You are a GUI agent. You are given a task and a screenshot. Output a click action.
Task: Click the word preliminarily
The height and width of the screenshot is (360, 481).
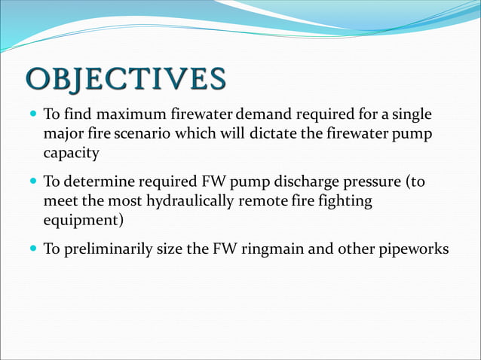tap(107, 250)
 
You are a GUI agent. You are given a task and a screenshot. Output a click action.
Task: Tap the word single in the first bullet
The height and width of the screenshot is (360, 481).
tap(413, 115)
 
